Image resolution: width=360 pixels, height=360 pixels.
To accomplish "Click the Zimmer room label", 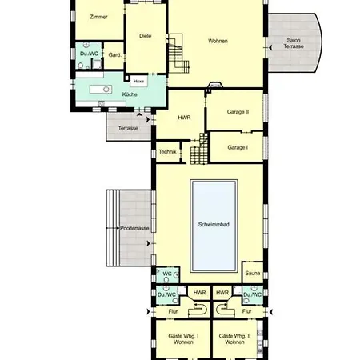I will click(x=98, y=16).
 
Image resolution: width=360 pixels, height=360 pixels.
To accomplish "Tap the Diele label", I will click(x=145, y=36).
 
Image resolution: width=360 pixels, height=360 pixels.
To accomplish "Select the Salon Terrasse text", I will click(x=293, y=44).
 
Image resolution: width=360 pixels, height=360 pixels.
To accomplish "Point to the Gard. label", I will click(x=114, y=54).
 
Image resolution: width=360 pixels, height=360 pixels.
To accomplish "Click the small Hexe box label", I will click(x=138, y=81).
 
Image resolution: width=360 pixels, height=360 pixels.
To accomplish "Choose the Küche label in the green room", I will click(x=130, y=95).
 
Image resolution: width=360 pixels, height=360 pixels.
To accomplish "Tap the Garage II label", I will click(x=238, y=114).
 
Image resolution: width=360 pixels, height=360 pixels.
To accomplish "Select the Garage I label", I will click(x=238, y=147).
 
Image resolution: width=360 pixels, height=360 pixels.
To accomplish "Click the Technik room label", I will click(x=167, y=151).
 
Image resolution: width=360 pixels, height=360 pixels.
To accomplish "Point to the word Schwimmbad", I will click(x=214, y=226).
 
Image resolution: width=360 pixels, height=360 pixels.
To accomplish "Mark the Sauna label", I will click(x=253, y=274).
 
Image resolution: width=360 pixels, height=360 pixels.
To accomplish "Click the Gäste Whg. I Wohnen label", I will click(x=181, y=338).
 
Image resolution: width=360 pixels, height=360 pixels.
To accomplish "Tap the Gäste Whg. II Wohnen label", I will click(x=234, y=338).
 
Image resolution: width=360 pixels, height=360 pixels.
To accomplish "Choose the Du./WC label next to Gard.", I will click(x=88, y=54).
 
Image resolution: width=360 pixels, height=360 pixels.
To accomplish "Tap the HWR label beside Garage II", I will click(x=182, y=117).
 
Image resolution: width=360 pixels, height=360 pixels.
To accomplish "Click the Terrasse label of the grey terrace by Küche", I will click(x=128, y=128).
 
